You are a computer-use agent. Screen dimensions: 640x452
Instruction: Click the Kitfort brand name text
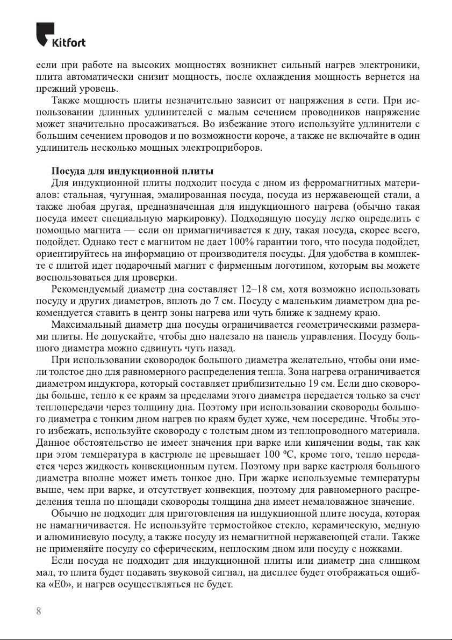tap(68, 43)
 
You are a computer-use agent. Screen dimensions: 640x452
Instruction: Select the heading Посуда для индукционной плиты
tap(133, 172)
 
